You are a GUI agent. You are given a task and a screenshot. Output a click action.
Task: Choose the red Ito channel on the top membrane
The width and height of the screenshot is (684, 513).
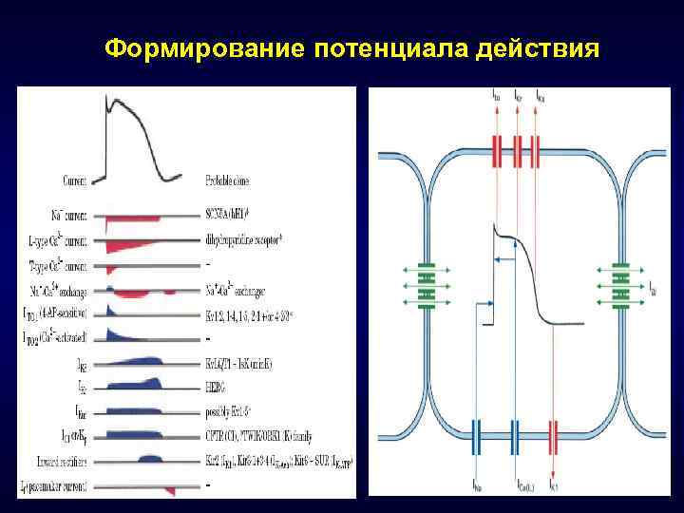point(498,151)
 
